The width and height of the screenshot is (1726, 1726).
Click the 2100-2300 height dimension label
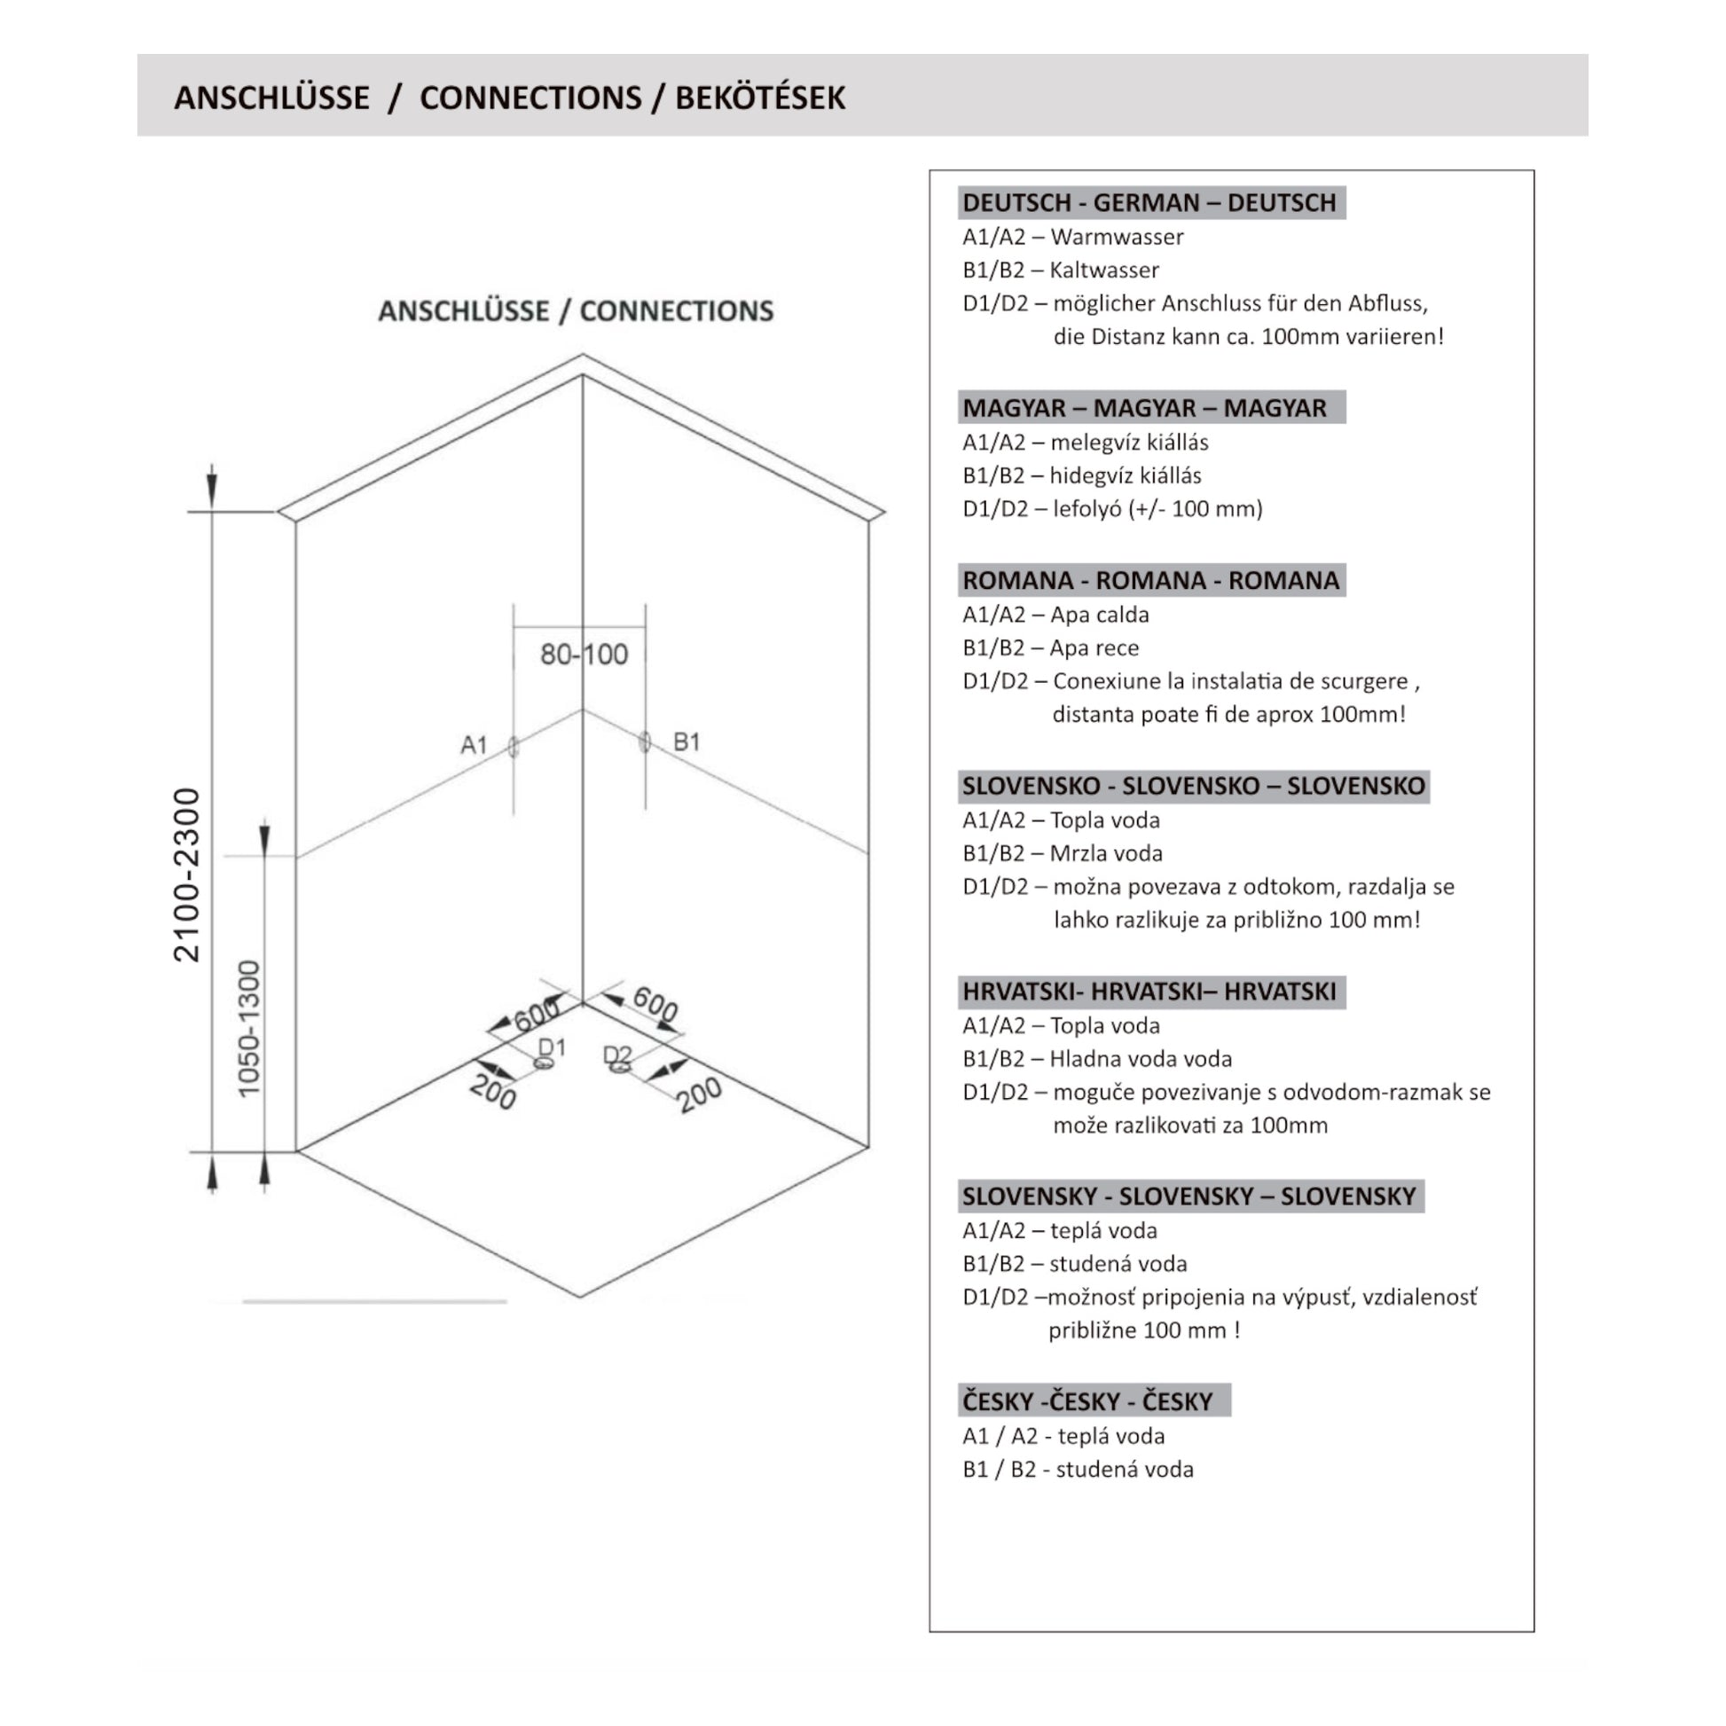tap(187, 875)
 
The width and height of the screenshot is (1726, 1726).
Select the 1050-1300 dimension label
tap(249, 1028)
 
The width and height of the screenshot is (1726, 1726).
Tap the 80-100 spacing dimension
tap(584, 654)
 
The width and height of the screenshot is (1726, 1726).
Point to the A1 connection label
tap(474, 744)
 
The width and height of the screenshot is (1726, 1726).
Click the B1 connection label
tap(686, 741)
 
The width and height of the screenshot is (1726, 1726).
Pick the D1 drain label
tap(552, 1047)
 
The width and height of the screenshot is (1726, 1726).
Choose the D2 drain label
tap(617, 1055)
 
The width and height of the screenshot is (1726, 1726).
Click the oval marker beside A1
tap(514, 747)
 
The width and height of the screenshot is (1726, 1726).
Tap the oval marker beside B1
tap(645, 741)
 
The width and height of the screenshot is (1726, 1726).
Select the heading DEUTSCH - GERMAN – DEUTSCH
tap(1149, 203)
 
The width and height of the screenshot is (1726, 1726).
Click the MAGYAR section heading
tap(1143, 407)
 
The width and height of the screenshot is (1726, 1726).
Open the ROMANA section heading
tap(1149, 580)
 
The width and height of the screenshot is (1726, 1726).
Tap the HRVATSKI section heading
tap(1149, 991)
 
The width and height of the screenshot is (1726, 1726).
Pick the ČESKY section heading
tap(1087, 1400)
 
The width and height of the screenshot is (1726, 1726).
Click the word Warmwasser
tap(1117, 237)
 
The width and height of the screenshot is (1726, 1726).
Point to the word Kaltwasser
tap(1104, 270)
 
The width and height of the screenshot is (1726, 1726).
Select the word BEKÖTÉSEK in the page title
tap(759, 98)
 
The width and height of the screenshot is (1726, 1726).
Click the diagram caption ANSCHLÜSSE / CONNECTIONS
tap(576, 311)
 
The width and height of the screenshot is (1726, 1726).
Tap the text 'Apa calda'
tap(1099, 615)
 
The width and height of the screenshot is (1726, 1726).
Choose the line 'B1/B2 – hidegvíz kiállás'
tap(1081, 475)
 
